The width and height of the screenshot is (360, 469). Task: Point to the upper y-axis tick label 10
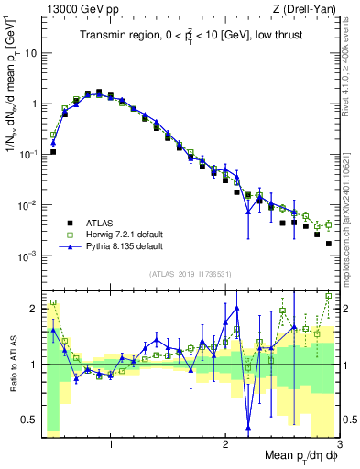pyautogui.click(x=31, y=53)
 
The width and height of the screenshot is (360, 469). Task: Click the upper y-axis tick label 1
pyautogui.click(x=34, y=104)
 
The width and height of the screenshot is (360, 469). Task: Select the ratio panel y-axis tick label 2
pyautogui.click(x=34, y=308)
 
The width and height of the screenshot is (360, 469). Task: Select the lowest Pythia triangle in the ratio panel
pyautogui.click(x=248, y=426)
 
